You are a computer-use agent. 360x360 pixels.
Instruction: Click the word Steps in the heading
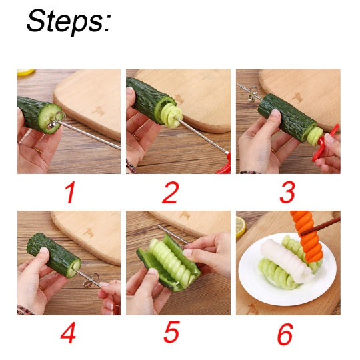click(67, 23)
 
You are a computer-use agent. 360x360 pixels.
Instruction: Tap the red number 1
click(69, 193)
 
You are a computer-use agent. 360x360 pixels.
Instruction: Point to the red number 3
click(287, 193)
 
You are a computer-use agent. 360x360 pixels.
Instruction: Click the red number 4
click(67, 333)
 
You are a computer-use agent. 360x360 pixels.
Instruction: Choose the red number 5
click(172, 333)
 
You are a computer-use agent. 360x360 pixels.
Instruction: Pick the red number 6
click(285, 335)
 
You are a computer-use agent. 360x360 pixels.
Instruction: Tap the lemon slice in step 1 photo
click(26, 72)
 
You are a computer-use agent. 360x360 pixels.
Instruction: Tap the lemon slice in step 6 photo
click(241, 227)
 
